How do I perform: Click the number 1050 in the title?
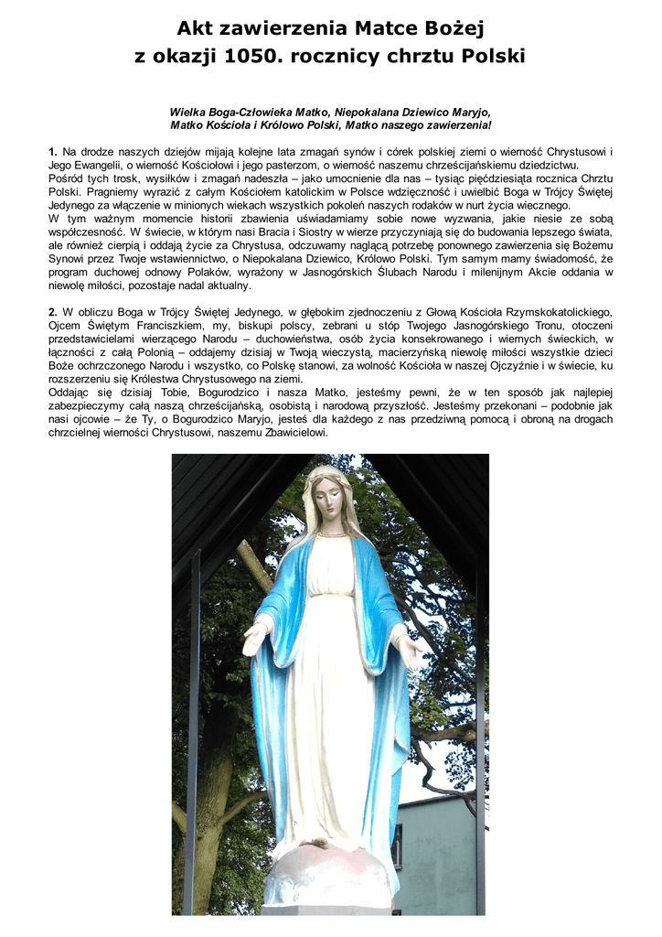pyautogui.click(x=248, y=57)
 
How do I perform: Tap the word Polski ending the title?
pyautogui.click(x=493, y=57)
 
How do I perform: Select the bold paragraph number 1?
pyautogui.click(x=52, y=151)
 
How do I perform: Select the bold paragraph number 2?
pyautogui.click(x=52, y=312)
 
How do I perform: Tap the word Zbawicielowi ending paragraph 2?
pyautogui.click(x=287, y=431)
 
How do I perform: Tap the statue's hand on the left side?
pyautogui.click(x=253, y=639)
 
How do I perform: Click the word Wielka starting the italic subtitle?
pyautogui.click(x=187, y=111)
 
